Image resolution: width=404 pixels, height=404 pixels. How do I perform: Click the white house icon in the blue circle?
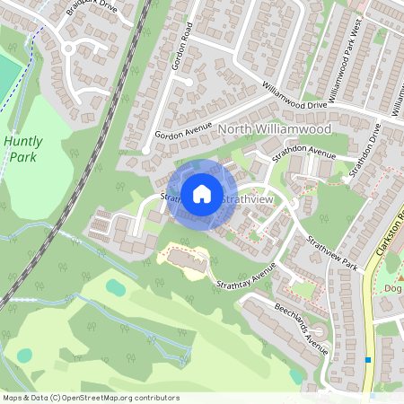[x=202, y=193]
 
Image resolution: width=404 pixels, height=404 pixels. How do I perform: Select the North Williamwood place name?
[x=275, y=130]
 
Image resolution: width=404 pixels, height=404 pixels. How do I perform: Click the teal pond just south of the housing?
[x=115, y=287]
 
